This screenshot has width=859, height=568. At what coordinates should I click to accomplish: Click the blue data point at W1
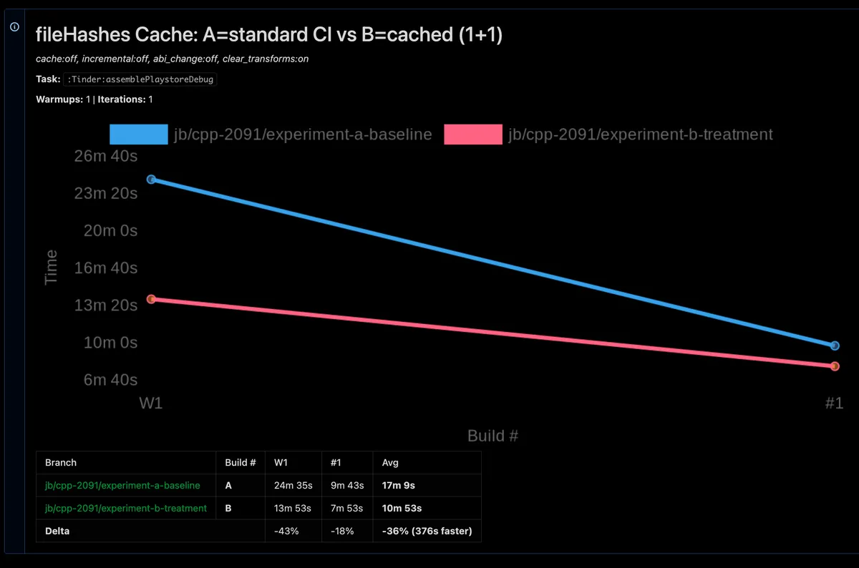151,180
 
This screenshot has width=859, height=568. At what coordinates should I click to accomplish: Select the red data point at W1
151,299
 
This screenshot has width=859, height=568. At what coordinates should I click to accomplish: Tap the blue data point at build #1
835,346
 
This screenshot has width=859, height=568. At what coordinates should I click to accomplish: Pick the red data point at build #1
835,366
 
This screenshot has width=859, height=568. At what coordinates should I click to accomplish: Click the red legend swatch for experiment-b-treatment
472,134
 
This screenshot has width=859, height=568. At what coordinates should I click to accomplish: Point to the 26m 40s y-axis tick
106,156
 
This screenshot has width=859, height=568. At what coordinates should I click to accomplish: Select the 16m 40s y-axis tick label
106,268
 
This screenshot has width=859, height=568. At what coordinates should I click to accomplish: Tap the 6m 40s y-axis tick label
110,379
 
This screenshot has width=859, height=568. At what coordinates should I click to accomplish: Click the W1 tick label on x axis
150,403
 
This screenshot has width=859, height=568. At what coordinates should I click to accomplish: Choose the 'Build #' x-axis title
492,436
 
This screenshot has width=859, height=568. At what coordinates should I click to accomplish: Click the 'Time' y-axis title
51,268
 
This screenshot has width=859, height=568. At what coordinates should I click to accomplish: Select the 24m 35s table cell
293,485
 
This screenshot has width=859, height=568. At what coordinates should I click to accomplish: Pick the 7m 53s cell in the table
346,508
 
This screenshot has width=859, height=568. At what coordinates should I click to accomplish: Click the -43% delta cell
286,531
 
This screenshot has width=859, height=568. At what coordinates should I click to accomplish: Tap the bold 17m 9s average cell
399,485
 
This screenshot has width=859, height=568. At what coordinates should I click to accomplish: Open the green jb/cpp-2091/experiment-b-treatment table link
125,508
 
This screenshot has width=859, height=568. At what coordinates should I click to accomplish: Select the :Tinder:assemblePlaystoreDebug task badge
140,79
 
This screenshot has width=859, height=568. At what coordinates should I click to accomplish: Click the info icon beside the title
14,26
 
